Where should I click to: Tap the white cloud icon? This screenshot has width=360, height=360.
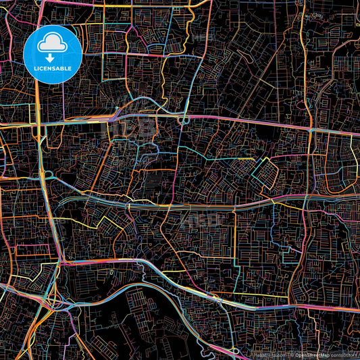coord(53,44)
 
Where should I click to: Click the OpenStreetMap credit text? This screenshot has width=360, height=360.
coord(308,354)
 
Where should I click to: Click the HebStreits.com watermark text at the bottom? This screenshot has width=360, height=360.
coord(267,354)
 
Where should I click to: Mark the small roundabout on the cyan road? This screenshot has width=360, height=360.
coord(184,120)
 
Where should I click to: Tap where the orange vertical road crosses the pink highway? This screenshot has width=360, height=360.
coord(310,128)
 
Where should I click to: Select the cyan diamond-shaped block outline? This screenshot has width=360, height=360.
coord(265,172)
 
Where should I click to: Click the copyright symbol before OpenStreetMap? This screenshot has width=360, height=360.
coord(291,354)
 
